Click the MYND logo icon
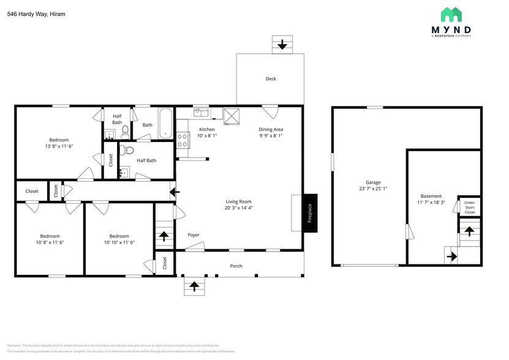coord(451,15)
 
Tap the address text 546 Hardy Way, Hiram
coord(36,13)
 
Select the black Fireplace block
coord(310,212)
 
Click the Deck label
coord(270,78)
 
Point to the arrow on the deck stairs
coord(282,45)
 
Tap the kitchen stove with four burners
coord(182,140)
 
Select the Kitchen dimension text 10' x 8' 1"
coord(207,135)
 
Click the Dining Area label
coord(271,129)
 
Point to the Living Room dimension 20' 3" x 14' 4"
coord(238,208)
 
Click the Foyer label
coord(194,234)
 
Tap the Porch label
coord(236,266)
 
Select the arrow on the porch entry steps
coord(195,286)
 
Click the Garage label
coord(373,182)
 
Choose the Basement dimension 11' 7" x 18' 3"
coord(431,202)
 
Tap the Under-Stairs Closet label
coord(470,207)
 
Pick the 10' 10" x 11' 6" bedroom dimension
coord(119,242)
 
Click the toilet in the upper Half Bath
coord(125,130)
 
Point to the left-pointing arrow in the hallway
coord(175,192)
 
